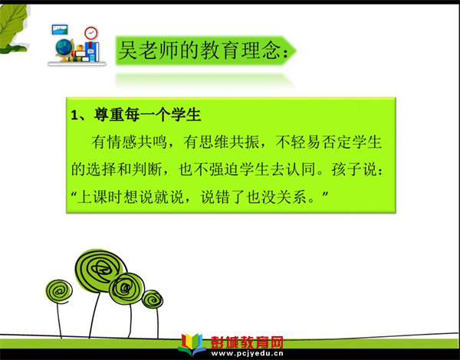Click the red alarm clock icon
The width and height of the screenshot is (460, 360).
(91, 33)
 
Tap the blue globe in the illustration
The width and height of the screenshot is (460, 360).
(64, 48)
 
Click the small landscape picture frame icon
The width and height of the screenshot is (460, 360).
(60, 30)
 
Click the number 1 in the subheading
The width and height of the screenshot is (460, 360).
(74, 115)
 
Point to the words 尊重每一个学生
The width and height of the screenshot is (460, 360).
(147, 115)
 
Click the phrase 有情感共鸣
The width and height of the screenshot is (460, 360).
(129, 142)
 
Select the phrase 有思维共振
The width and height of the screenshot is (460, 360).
(222, 142)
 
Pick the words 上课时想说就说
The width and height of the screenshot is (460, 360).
(130, 197)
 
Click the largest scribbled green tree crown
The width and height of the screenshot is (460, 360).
(100, 270)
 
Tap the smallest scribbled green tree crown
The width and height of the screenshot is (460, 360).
(153, 299)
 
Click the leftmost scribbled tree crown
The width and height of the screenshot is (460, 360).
(59, 291)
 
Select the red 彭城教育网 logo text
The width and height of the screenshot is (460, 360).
(247, 342)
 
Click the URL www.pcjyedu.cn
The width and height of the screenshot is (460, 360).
(247, 353)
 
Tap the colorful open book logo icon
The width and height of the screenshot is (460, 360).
(192, 345)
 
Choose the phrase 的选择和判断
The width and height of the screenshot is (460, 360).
(117, 169)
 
